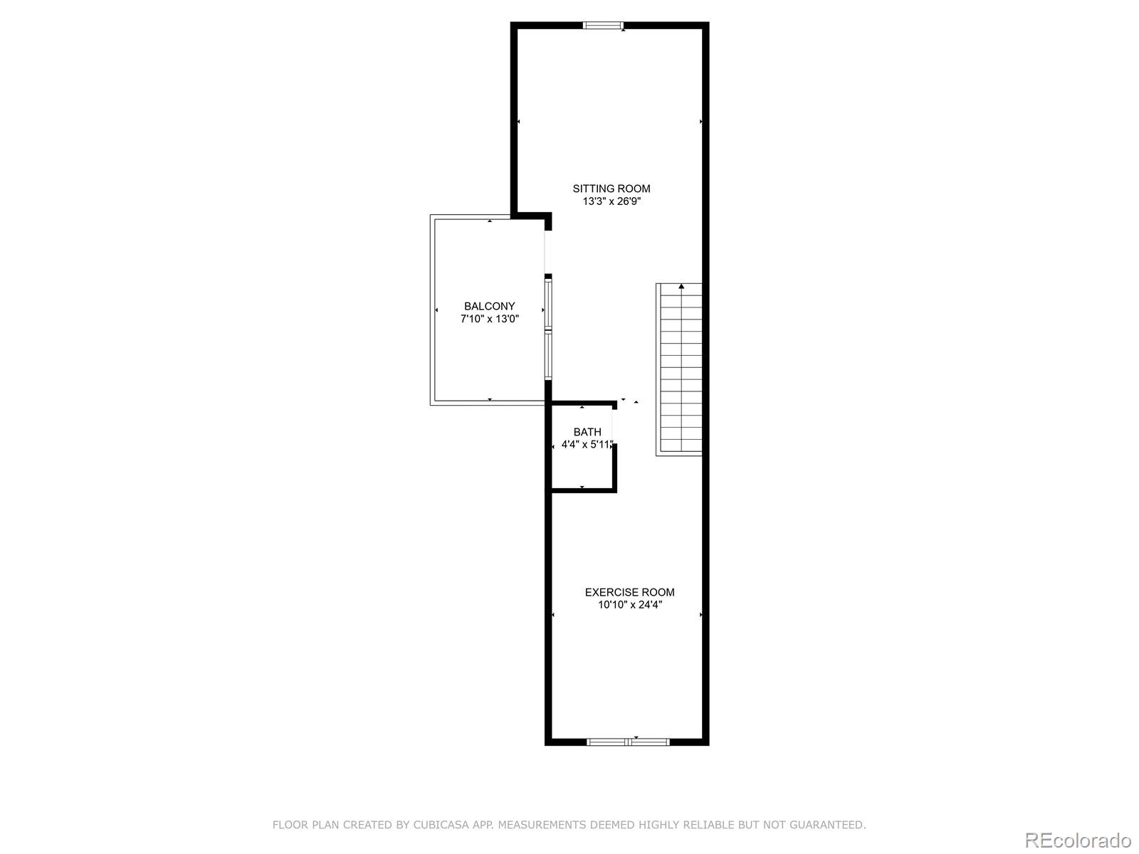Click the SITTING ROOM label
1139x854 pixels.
pyautogui.click(x=612, y=189)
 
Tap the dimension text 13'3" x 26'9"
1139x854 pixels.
pyautogui.click(x=612, y=201)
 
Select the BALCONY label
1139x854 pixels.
pyautogui.click(x=490, y=306)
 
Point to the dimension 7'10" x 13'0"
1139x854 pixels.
pyautogui.click(x=490, y=319)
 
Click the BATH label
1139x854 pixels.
pyautogui.click(x=587, y=432)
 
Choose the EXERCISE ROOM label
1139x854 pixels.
pyautogui.click(x=630, y=592)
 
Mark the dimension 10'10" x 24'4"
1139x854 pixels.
pyautogui.click(x=630, y=605)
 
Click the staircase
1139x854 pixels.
pyautogui.click(x=679, y=370)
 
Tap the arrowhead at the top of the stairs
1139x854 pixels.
pyautogui.click(x=682, y=287)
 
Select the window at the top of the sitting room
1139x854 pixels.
pyautogui.click(x=604, y=26)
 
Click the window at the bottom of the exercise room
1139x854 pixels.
pyautogui.click(x=628, y=742)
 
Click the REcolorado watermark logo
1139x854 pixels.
pyautogui.click(x=1078, y=840)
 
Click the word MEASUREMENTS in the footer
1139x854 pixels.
pyautogui.click(x=540, y=825)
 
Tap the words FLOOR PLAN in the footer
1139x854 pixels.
pyautogui.click(x=306, y=825)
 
